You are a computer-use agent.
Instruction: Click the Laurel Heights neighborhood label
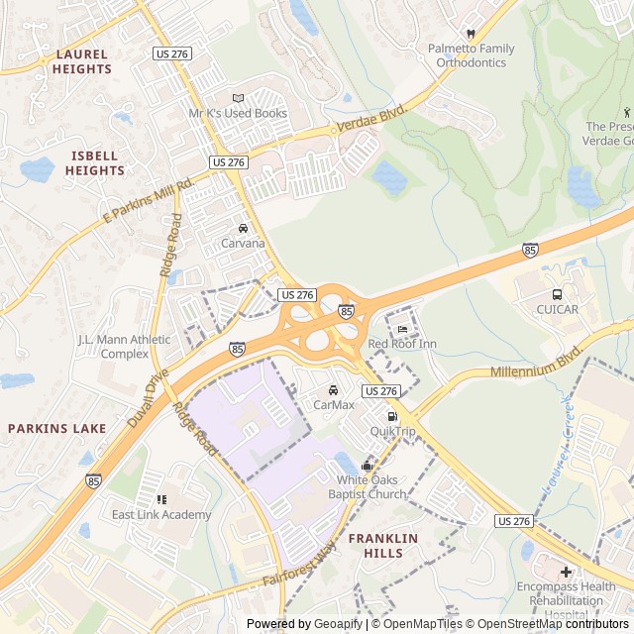[x=83, y=61]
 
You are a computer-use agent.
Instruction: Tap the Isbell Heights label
[x=95, y=163]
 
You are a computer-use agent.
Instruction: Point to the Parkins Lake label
[x=56, y=428]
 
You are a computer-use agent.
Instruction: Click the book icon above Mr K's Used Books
[x=238, y=98]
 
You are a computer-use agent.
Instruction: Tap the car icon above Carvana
[x=243, y=228]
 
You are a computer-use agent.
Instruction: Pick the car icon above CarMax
[x=334, y=389]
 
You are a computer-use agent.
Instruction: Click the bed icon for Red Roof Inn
[x=402, y=329]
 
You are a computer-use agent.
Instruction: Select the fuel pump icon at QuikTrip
[x=393, y=416]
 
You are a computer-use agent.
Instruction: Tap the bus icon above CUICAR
[x=557, y=294]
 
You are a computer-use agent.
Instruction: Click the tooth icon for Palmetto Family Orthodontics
[x=472, y=33]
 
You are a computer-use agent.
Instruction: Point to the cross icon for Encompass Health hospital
[x=566, y=572]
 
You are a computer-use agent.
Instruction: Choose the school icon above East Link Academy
[x=161, y=499]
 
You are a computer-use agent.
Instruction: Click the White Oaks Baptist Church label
[x=371, y=487]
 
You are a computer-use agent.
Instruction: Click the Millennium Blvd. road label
[x=536, y=364]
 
